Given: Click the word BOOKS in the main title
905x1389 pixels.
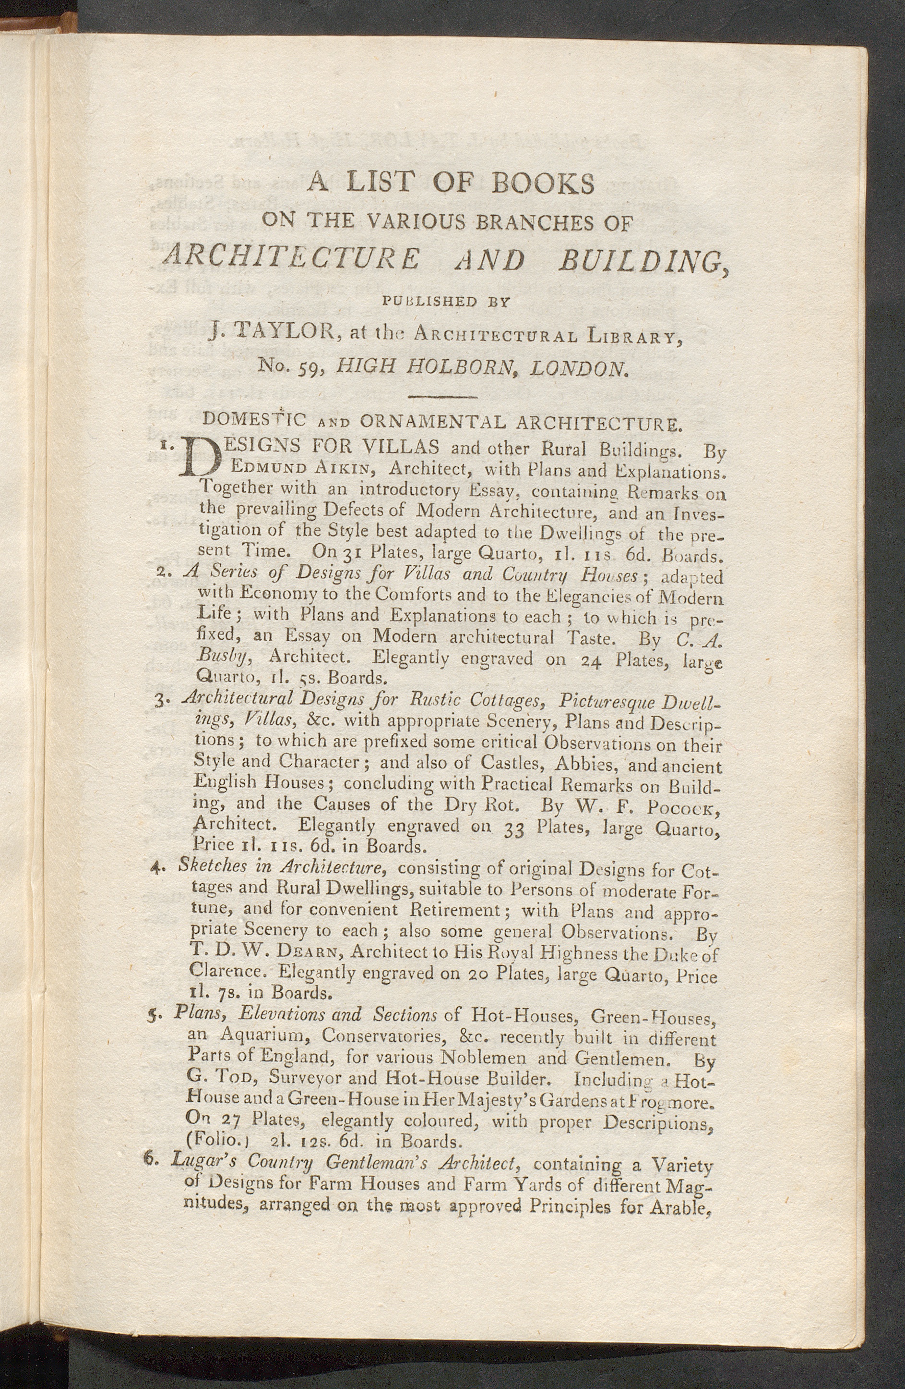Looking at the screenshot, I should pyautogui.click(x=542, y=183).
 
